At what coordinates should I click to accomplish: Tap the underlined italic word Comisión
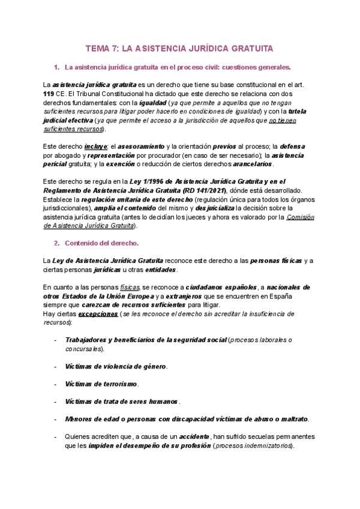[301, 217]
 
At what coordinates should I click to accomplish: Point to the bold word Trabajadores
[89, 340]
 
